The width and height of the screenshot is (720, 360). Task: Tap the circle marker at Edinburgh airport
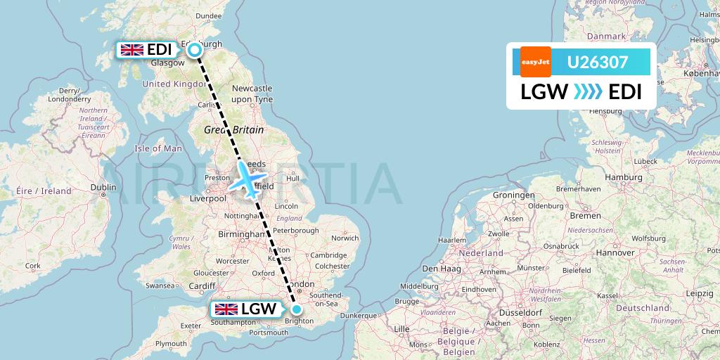(x=195, y=50)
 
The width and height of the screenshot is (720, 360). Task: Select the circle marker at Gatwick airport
(x=297, y=309)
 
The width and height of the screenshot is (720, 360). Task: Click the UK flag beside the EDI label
(x=132, y=50)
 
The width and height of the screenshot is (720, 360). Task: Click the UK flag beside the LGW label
(x=226, y=309)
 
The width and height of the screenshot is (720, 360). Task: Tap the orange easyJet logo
(x=536, y=62)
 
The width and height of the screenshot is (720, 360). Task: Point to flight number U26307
(x=598, y=62)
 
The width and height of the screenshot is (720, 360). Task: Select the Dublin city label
(x=103, y=187)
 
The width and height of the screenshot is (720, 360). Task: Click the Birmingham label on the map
(x=240, y=233)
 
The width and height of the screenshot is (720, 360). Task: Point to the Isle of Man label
(x=158, y=148)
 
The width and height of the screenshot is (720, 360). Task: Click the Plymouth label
(x=172, y=344)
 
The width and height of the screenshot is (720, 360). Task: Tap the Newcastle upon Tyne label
(x=252, y=94)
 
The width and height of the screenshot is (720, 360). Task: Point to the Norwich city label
(x=345, y=238)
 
